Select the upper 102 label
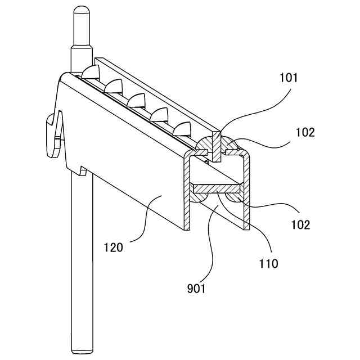pyautogui.click(x=304, y=133)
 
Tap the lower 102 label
pyautogui.click(x=300, y=225)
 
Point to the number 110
pyautogui.click(x=269, y=263)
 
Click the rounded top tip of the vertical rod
pyautogui.click(x=80, y=11)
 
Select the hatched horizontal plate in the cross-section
pyautogui.click(x=217, y=186)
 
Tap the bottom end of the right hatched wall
pyautogui.click(x=246, y=227)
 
